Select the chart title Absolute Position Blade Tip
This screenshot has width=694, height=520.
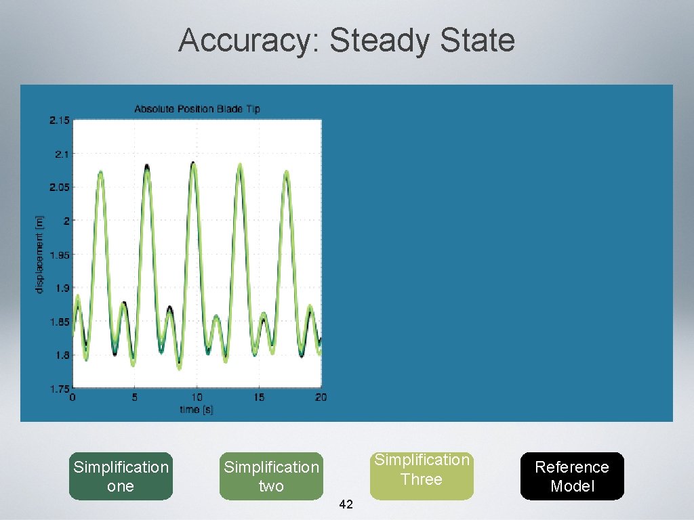pyautogui.click(x=197, y=108)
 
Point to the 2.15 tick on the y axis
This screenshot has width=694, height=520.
pyautogui.click(x=59, y=121)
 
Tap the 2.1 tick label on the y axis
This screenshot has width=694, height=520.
pyautogui.click(x=61, y=154)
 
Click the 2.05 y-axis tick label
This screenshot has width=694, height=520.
pyautogui.click(x=59, y=188)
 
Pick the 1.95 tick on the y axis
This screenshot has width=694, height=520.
pyautogui.click(x=59, y=255)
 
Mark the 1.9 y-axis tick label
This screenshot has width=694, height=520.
pyautogui.click(x=61, y=288)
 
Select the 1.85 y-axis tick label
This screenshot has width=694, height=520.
pyautogui.click(x=59, y=322)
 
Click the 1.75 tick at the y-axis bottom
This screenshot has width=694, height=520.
pyautogui.click(x=59, y=389)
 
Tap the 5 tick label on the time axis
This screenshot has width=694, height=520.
pyautogui.click(x=135, y=397)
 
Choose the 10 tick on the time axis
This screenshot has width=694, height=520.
pyautogui.click(x=197, y=397)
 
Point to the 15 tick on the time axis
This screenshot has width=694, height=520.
pyautogui.click(x=259, y=397)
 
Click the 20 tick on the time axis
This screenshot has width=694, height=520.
pyautogui.click(x=321, y=397)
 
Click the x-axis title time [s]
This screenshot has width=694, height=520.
pyautogui.click(x=197, y=410)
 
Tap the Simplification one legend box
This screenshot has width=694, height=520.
pyautogui.click(x=121, y=476)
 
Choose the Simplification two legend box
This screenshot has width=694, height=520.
pyautogui.click(x=271, y=476)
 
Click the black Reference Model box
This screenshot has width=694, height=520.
pyautogui.click(x=572, y=476)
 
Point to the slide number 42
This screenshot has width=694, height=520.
pyautogui.click(x=346, y=504)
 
